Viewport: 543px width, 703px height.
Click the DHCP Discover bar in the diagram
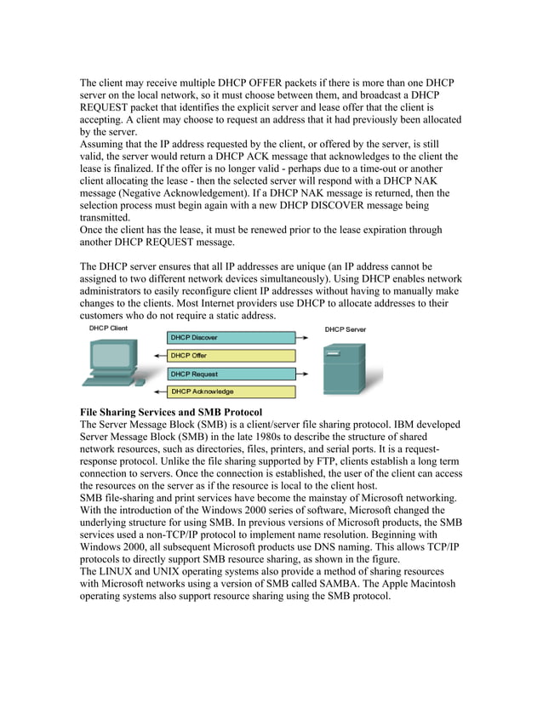pyautogui.click(x=231, y=338)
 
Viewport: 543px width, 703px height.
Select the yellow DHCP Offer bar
pyautogui.click(x=231, y=356)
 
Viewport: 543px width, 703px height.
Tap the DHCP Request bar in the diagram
pyautogui.click(x=231, y=374)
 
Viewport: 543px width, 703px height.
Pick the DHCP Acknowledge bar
pyautogui.click(x=231, y=392)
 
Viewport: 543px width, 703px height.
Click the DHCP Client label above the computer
pyautogui.click(x=108, y=328)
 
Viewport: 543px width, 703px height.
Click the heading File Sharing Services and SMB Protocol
pyautogui.click(x=176, y=412)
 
